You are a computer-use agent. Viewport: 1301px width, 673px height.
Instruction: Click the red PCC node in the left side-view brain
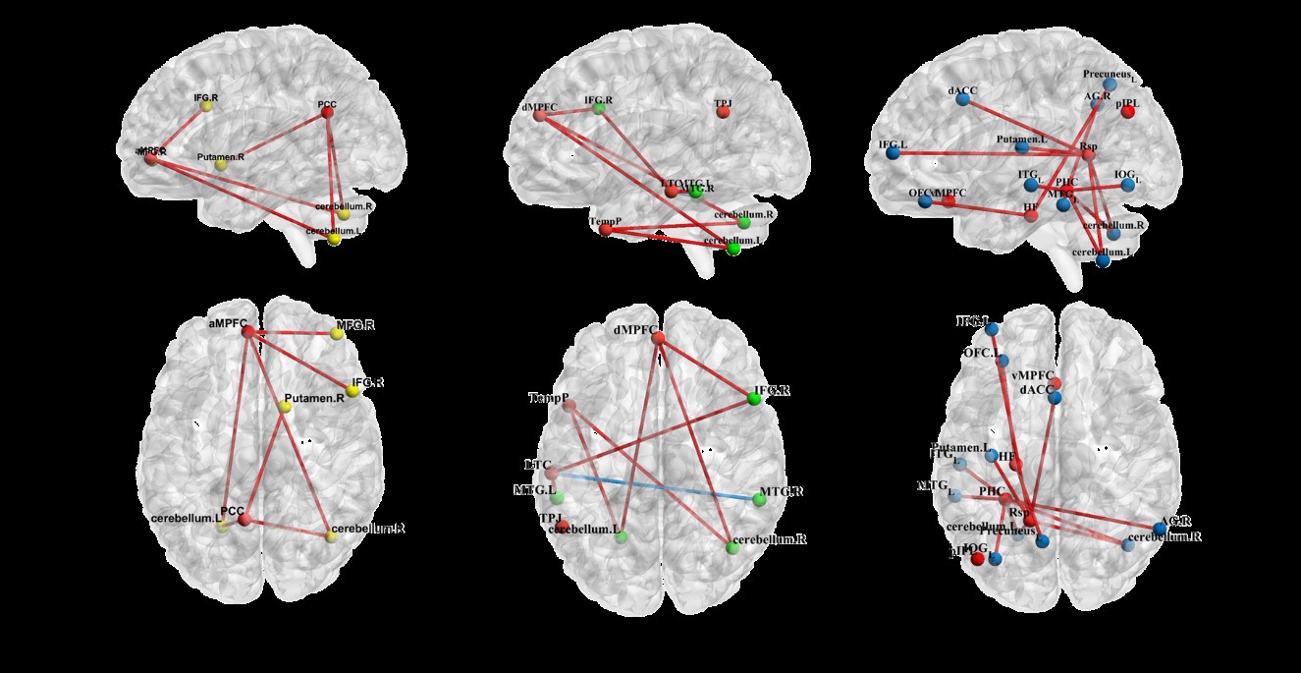coord(327,113)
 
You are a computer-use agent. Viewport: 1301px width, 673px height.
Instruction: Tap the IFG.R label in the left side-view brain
coord(205,98)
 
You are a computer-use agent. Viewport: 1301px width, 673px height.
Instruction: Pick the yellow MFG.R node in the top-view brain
coord(338,334)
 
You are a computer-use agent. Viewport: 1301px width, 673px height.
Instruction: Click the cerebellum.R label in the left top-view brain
coord(368,529)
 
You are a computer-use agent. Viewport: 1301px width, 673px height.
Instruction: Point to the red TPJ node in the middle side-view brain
coord(723,112)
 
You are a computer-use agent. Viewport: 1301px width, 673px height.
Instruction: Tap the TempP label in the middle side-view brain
coord(603,222)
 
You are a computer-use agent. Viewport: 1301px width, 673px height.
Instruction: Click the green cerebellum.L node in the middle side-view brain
coord(733,249)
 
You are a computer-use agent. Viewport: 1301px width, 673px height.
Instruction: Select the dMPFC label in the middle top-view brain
coord(633,330)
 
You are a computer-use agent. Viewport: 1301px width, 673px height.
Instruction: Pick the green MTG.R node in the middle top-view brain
coord(759,499)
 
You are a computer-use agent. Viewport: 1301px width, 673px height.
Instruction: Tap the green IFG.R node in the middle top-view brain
coord(754,398)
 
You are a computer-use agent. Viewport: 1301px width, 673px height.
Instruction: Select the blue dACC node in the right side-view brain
coord(966,105)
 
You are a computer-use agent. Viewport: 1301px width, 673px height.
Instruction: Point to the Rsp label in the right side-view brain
coord(1088,146)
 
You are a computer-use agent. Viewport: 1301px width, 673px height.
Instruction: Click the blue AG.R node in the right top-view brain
coord(1160,529)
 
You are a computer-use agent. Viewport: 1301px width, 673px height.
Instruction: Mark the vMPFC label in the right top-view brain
coord(1030,375)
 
